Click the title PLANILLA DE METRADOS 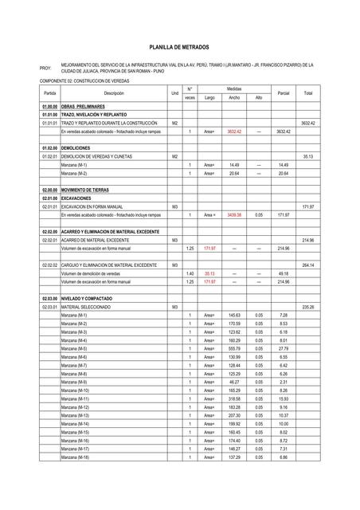point(179,48)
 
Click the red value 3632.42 point(233,131)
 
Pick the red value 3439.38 point(233,215)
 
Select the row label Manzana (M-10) point(75,390)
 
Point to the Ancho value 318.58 point(233,399)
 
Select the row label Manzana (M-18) point(75,457)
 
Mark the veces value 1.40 point(190,273)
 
